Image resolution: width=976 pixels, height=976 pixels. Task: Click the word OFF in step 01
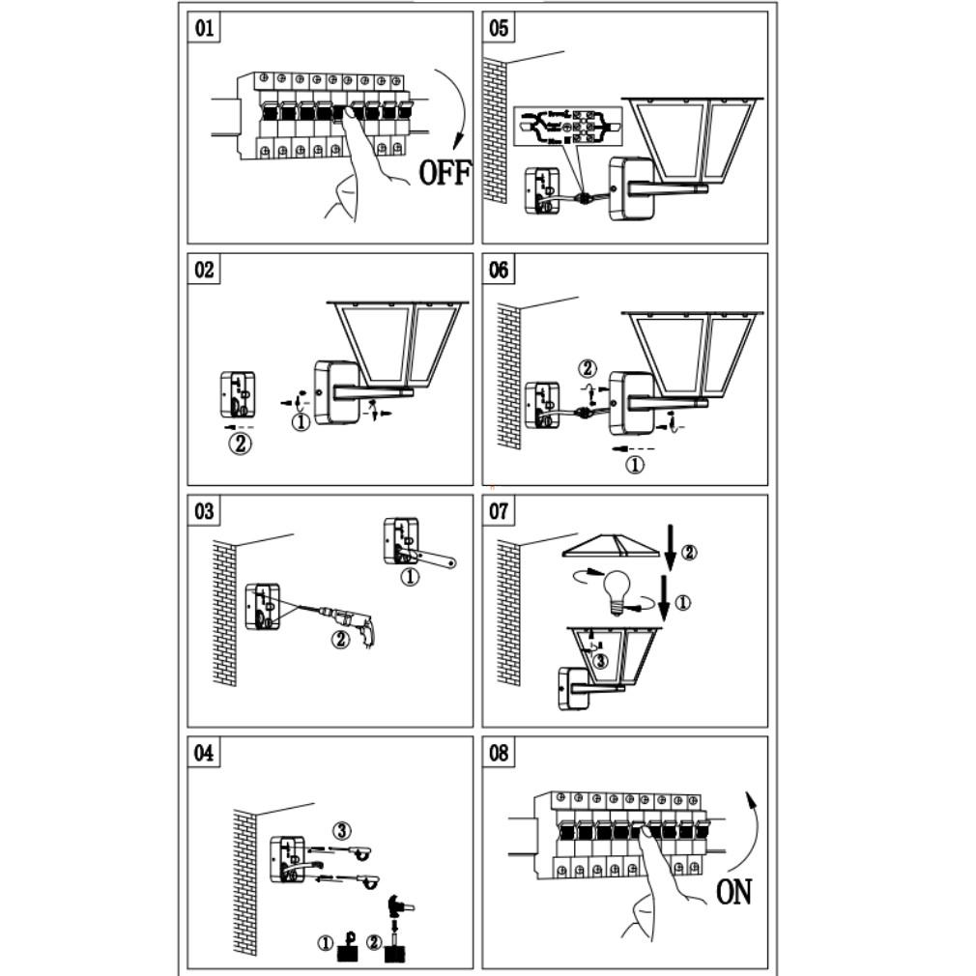click(x=444, y=173)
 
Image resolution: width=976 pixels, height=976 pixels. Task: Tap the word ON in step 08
click(x=733, y=892)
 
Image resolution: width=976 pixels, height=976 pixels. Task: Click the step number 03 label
click(x=204, y=511)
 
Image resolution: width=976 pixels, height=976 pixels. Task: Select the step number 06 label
click(x=499, y=270)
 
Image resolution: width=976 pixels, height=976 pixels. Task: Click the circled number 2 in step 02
click(x=240, y=445)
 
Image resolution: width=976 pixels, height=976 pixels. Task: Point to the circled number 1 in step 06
click(x=635, y=465)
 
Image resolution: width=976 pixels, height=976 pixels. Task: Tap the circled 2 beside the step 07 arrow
click(x=688, y=553)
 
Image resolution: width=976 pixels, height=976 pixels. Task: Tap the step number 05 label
click(x=499, y=28)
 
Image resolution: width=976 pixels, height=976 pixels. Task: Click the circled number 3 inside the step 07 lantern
click(x=599, y=661)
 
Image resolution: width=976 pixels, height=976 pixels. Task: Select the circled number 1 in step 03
click(x=411, y=578)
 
